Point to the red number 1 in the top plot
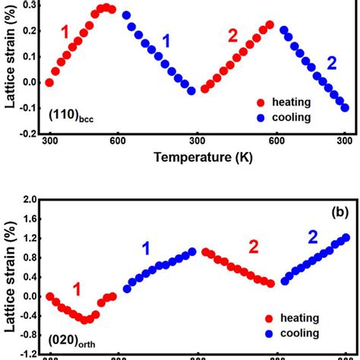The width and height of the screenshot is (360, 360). pos(65,33)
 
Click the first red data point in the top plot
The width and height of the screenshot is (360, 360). pos(50,83)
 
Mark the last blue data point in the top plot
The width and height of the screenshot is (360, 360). pos(345,108)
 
